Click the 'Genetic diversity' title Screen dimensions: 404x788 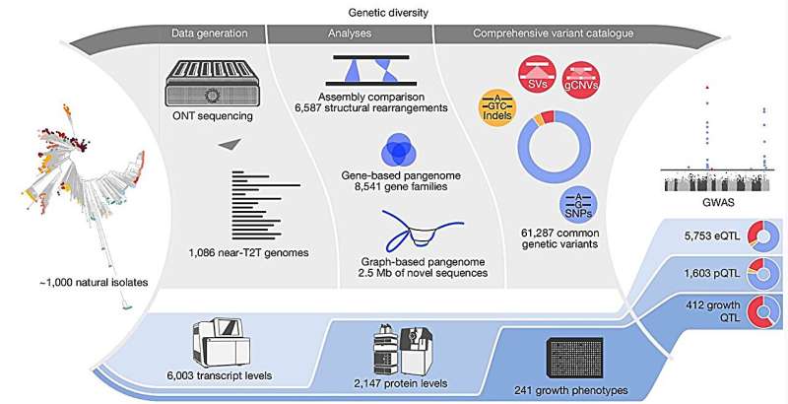click(x=395, y=11)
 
